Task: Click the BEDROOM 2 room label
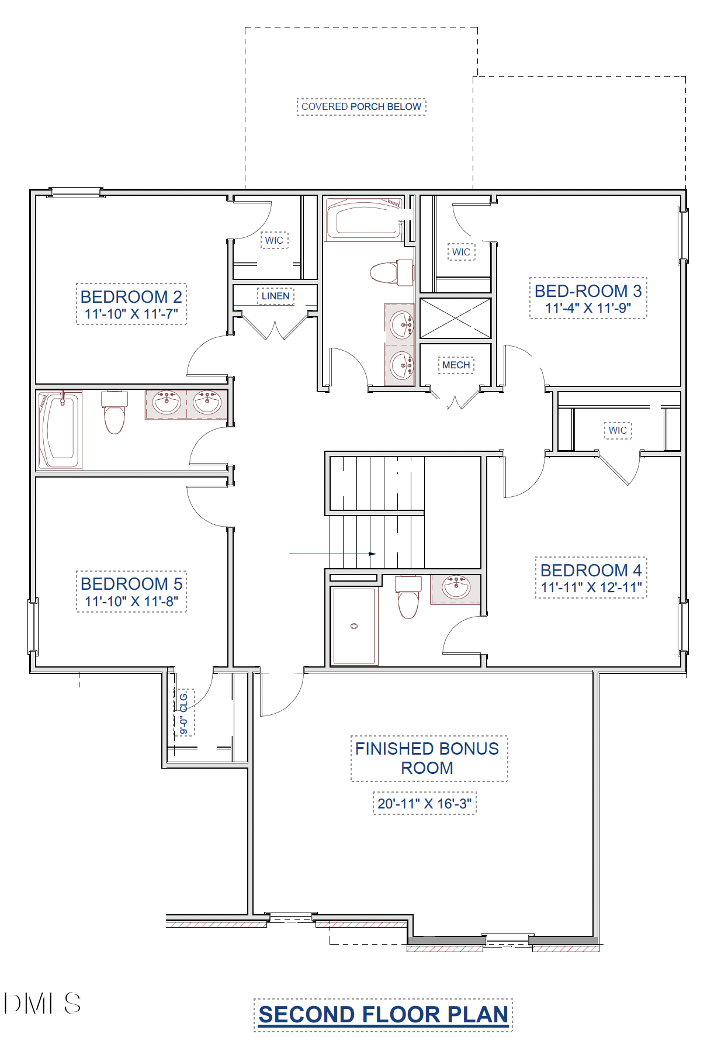coord(131,296)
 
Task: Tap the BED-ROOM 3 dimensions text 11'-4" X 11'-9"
coord(588,308)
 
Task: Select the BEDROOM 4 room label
coord(591,570)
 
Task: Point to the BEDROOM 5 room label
coord(131,583)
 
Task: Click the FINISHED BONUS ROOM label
coord(427,758)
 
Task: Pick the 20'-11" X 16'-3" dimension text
coord(425,804)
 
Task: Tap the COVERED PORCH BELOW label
coord(362,107)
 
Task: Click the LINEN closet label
coord(276,296)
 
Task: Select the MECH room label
coord(456,365)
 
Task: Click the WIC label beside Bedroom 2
coord(275,240)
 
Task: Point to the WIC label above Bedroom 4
coord(618,431)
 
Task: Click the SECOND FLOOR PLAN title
coord(383,1015)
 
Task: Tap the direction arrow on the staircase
coord(332,554)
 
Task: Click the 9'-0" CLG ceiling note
coord(183,713)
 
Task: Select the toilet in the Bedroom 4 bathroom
coord(408,597)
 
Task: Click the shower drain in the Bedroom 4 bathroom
coord(354,626)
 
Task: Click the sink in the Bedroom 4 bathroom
coord(456,587)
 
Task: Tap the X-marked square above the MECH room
coord(456,318)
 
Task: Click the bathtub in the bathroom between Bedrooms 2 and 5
coord(60,430)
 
